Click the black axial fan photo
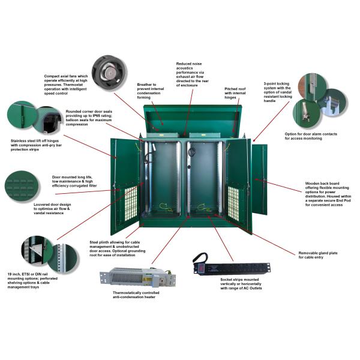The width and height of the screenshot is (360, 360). tap(110, 73)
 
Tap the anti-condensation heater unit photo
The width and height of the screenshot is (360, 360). tap(138, 277)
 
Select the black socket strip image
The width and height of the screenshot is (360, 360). tap(232, 265)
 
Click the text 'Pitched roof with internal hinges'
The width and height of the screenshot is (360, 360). tap(235, 93)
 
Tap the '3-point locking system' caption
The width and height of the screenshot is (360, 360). tap(278, 92)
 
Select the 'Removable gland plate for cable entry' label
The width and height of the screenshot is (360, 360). tap(318, 255)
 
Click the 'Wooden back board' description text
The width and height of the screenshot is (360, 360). tap(328, 194)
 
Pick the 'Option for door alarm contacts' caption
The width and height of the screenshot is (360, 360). tap(311, 136)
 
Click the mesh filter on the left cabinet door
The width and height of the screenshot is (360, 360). tap(131, 203)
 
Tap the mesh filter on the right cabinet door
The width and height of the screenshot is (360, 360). tap(233, 202)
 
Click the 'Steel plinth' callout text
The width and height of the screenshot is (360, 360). tap(117, 248)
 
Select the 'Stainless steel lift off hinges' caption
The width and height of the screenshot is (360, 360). tap(36, 145)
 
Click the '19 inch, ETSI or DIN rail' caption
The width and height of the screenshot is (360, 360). tap(32, 281)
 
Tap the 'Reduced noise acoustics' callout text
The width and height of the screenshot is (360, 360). tap(192, 74)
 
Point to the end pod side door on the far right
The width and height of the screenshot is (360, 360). tap(259, 179)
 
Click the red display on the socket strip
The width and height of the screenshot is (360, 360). tap(201, 268)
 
